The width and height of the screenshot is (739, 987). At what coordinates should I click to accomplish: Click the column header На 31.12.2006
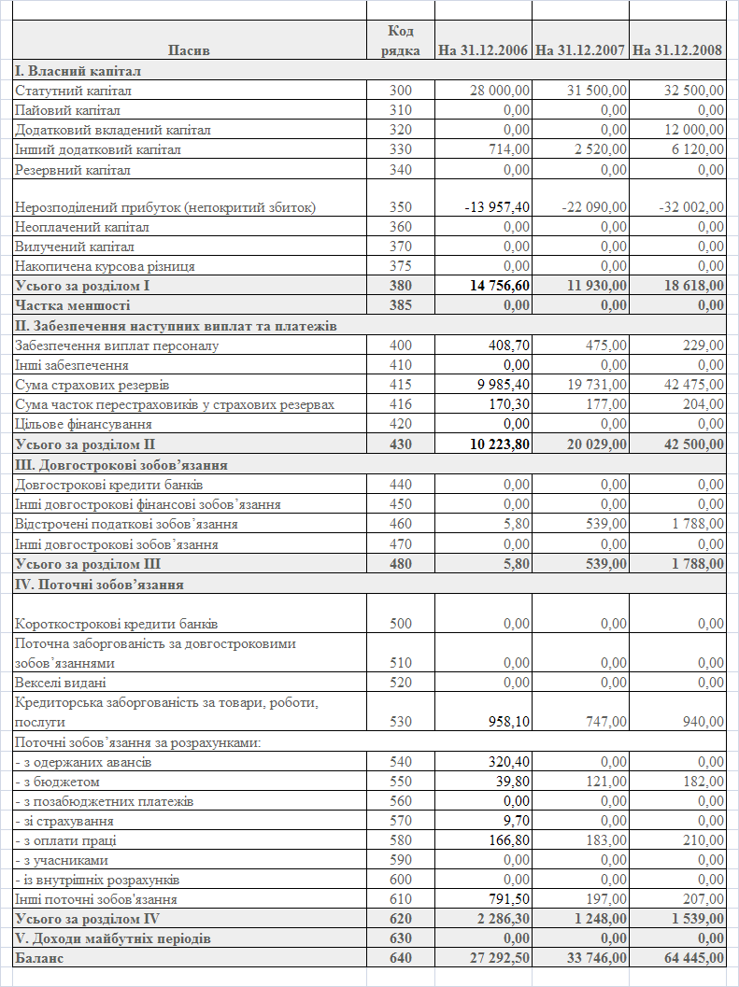point(484,50)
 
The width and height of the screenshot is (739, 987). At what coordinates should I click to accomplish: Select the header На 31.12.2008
point(677,50)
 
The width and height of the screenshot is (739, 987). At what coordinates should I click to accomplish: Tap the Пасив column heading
point(190,50)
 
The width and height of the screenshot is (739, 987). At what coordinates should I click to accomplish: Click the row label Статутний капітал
point(73,91)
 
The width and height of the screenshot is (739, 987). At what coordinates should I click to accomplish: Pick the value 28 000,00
point(500,91)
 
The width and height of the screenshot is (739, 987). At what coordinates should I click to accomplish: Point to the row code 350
point(400,207)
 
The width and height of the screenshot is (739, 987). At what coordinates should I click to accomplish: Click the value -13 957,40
point(498,207)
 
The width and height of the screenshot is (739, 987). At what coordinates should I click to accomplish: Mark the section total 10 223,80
point(498,444)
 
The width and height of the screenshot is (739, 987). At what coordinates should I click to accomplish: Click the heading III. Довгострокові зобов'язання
point(121,464)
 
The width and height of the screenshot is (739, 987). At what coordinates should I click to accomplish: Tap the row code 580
point(400,840)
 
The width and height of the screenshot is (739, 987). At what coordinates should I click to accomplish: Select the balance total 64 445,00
point(692,957)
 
